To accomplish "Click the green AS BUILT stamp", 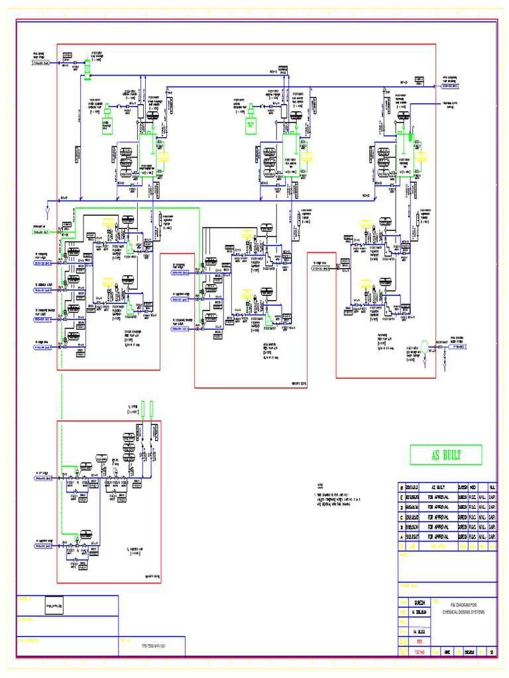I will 446,455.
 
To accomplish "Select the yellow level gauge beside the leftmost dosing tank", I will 164,156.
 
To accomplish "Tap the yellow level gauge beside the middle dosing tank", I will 290,157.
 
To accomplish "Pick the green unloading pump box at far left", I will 106,124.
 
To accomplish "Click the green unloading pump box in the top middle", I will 252,124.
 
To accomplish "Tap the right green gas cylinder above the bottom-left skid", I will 151,409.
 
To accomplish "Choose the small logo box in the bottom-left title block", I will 58,606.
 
